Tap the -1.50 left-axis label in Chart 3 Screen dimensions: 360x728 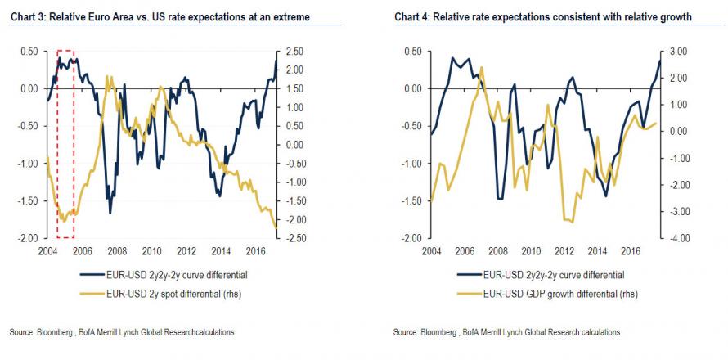[28, 201]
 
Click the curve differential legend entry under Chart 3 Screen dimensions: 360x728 [172, 275]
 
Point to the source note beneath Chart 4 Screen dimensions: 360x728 [506, 332]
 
